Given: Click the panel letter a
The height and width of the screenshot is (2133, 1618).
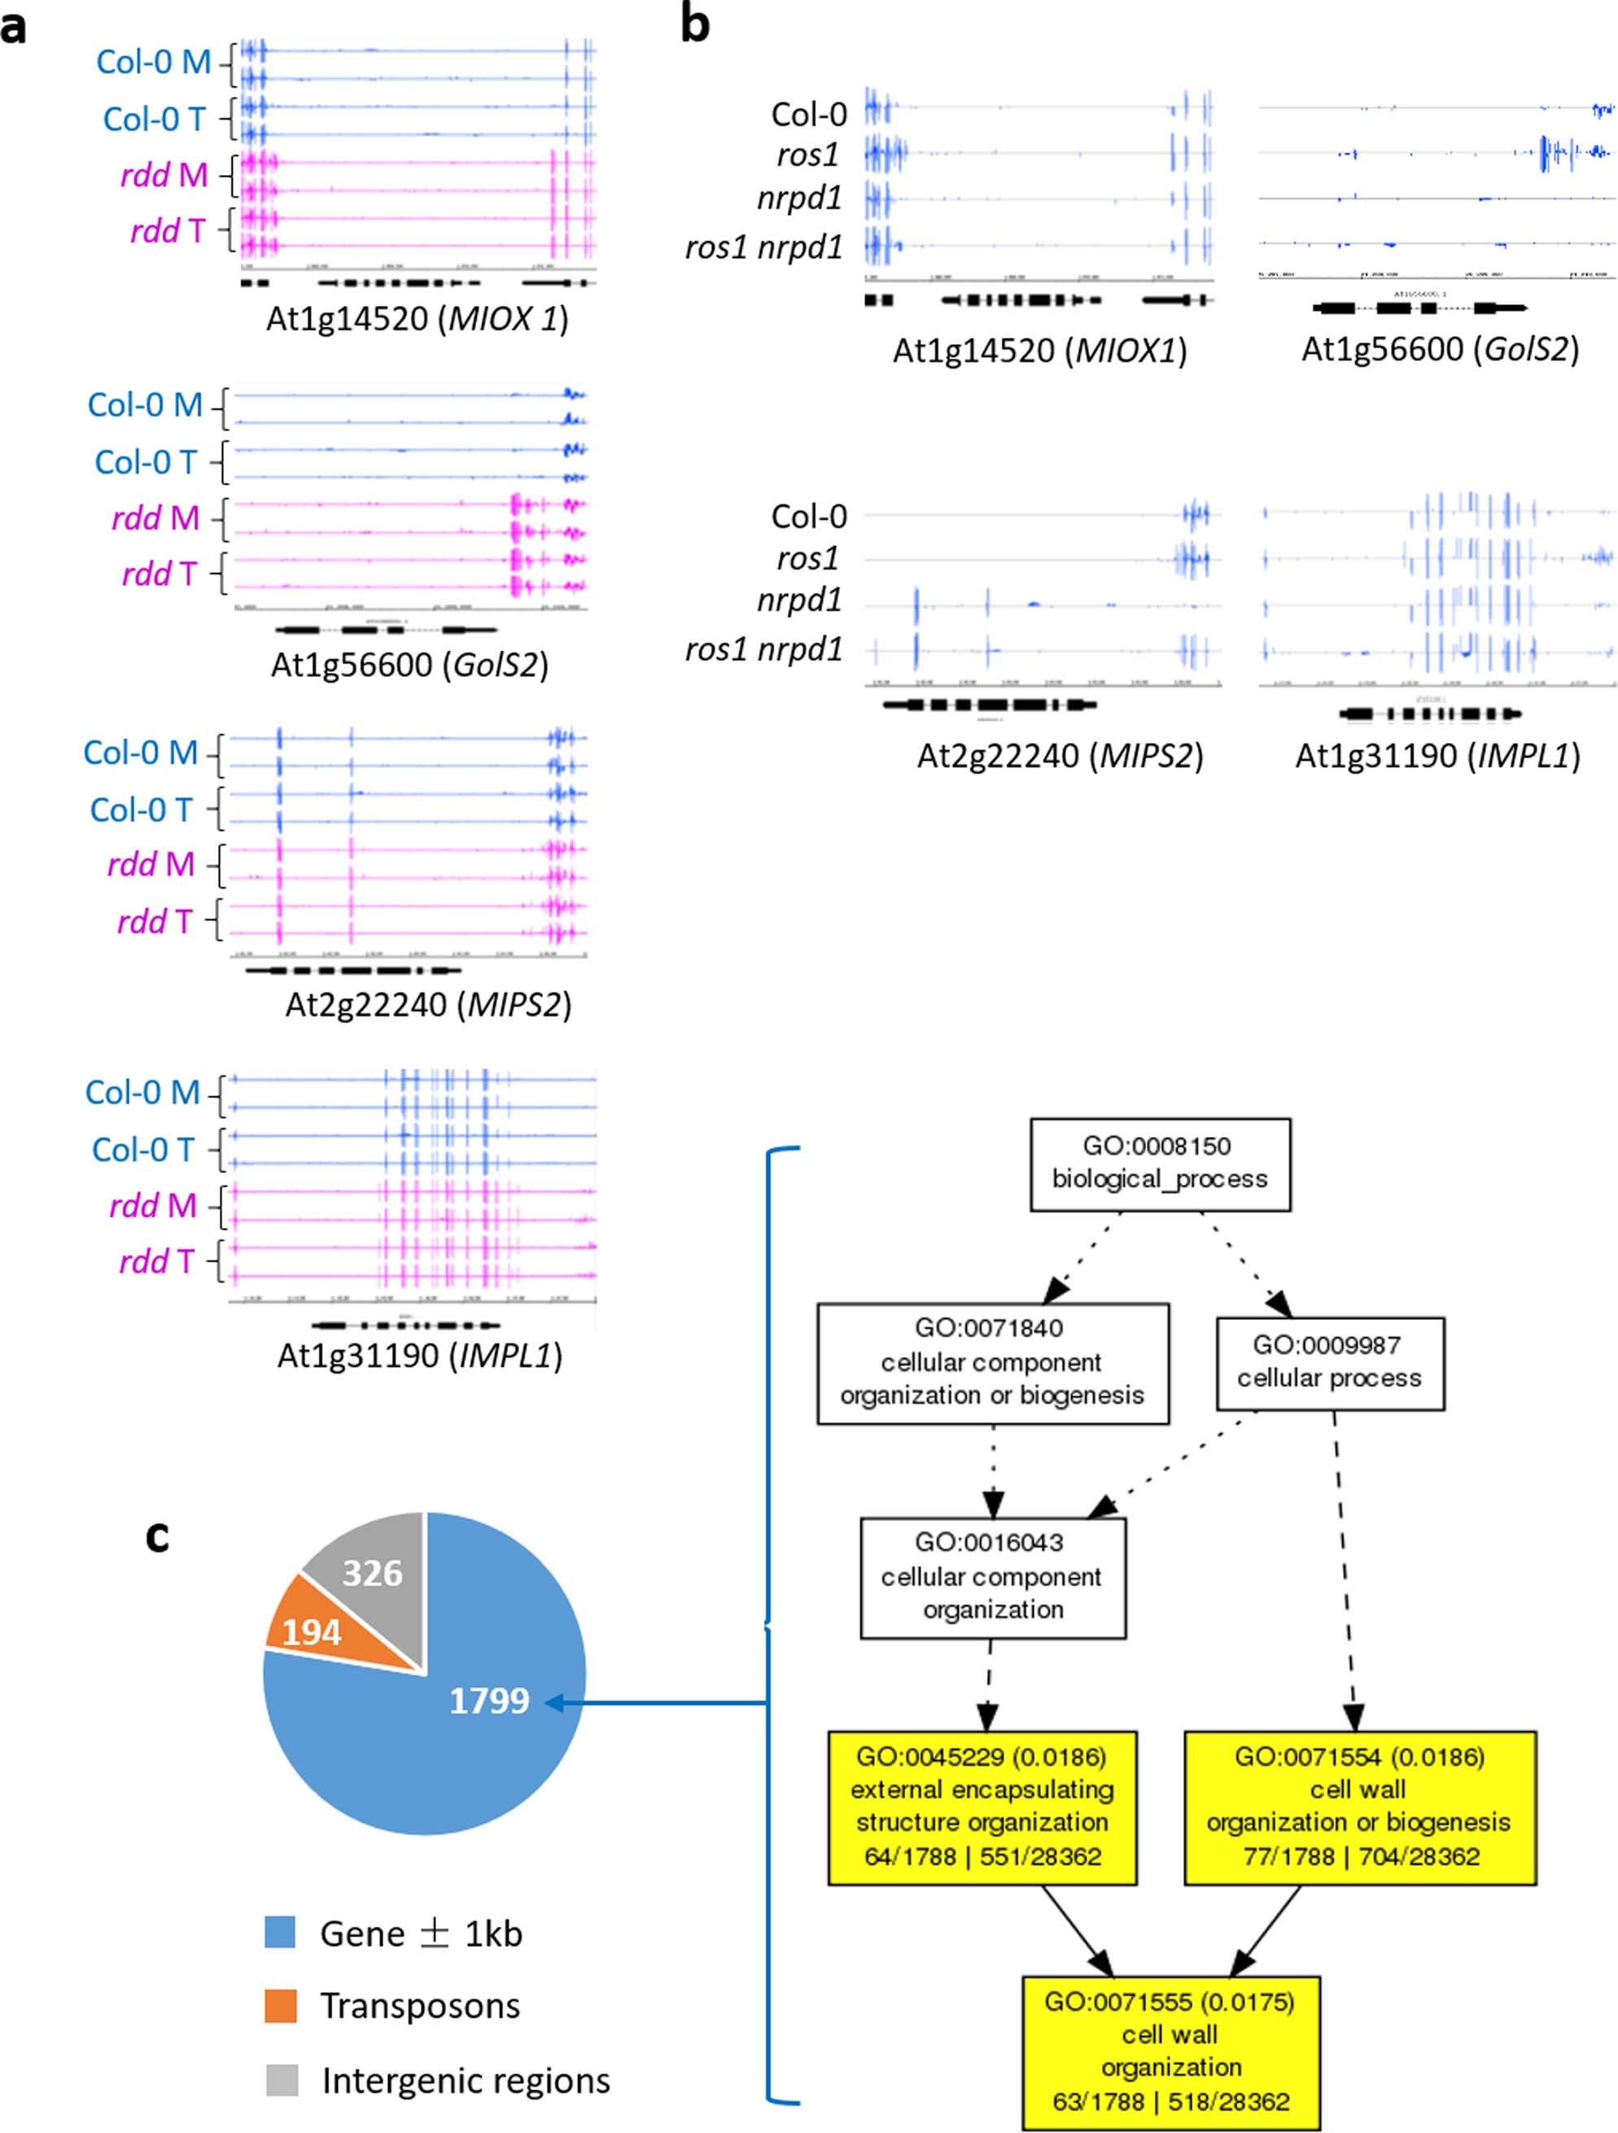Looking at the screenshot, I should (14, 28).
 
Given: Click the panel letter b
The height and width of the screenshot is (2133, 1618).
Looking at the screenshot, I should (694, 25).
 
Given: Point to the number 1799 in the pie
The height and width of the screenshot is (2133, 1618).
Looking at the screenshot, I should (489, 1699).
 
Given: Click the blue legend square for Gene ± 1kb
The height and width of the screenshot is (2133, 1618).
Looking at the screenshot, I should (280, 1933).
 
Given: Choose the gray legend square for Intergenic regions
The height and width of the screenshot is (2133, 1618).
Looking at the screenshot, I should (281, 2079).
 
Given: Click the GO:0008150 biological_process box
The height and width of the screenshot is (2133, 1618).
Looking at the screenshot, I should (1159, 1163).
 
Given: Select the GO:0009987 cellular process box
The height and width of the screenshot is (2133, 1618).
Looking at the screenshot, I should (1329, 1362).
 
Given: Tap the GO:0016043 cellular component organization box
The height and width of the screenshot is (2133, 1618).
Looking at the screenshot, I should (992, 1576).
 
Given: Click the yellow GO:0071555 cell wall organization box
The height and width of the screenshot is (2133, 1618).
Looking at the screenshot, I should (1170, 2051).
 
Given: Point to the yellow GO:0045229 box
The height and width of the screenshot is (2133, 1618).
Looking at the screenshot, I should (982, 1806).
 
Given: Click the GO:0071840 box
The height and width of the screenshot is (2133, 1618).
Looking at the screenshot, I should (991, 1362).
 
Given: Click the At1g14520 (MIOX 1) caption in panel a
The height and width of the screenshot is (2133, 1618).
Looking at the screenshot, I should (417, 318).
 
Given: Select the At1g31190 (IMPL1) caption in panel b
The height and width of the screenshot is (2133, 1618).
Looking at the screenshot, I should (1437, 755).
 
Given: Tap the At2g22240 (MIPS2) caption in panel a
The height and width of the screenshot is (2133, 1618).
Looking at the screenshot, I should (428, 1005).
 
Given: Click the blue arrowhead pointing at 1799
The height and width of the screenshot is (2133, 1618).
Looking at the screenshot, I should (553, 1703).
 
